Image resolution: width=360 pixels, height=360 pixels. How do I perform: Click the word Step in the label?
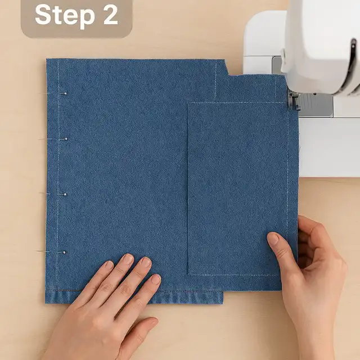click(x=65, y=15)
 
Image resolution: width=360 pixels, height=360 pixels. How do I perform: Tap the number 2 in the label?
click(x=110, y=15)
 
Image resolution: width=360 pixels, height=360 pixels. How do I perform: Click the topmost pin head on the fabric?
click(x=65, y=94)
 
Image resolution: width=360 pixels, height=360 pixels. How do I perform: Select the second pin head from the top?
click(x=66, y=139)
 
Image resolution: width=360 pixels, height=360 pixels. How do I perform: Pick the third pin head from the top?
click(x=65, y=195)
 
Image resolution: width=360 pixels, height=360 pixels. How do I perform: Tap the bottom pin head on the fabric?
click(x=65, y=253)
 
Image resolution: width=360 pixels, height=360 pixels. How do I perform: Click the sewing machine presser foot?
click(x=294, y=100)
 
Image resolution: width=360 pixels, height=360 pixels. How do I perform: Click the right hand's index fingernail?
click(x=273, y=239)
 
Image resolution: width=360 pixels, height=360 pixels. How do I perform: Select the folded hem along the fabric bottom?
click(x=134, y=297)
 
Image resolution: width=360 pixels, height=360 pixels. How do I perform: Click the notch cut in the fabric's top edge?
click(x=227, y=67)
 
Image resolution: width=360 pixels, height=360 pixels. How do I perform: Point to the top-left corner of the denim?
click(x=47, y=59)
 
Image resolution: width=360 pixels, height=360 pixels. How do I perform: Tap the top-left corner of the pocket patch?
click(x=188, y=103)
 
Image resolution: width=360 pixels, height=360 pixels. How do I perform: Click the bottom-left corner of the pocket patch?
click(x=189, y=274)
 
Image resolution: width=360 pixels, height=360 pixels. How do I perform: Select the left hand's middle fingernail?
click(x=146, y=263)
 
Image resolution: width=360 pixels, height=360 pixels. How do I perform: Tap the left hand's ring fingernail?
click(x=128, y=259)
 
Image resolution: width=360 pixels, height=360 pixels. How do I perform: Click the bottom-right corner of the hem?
click(x=223, y=304)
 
